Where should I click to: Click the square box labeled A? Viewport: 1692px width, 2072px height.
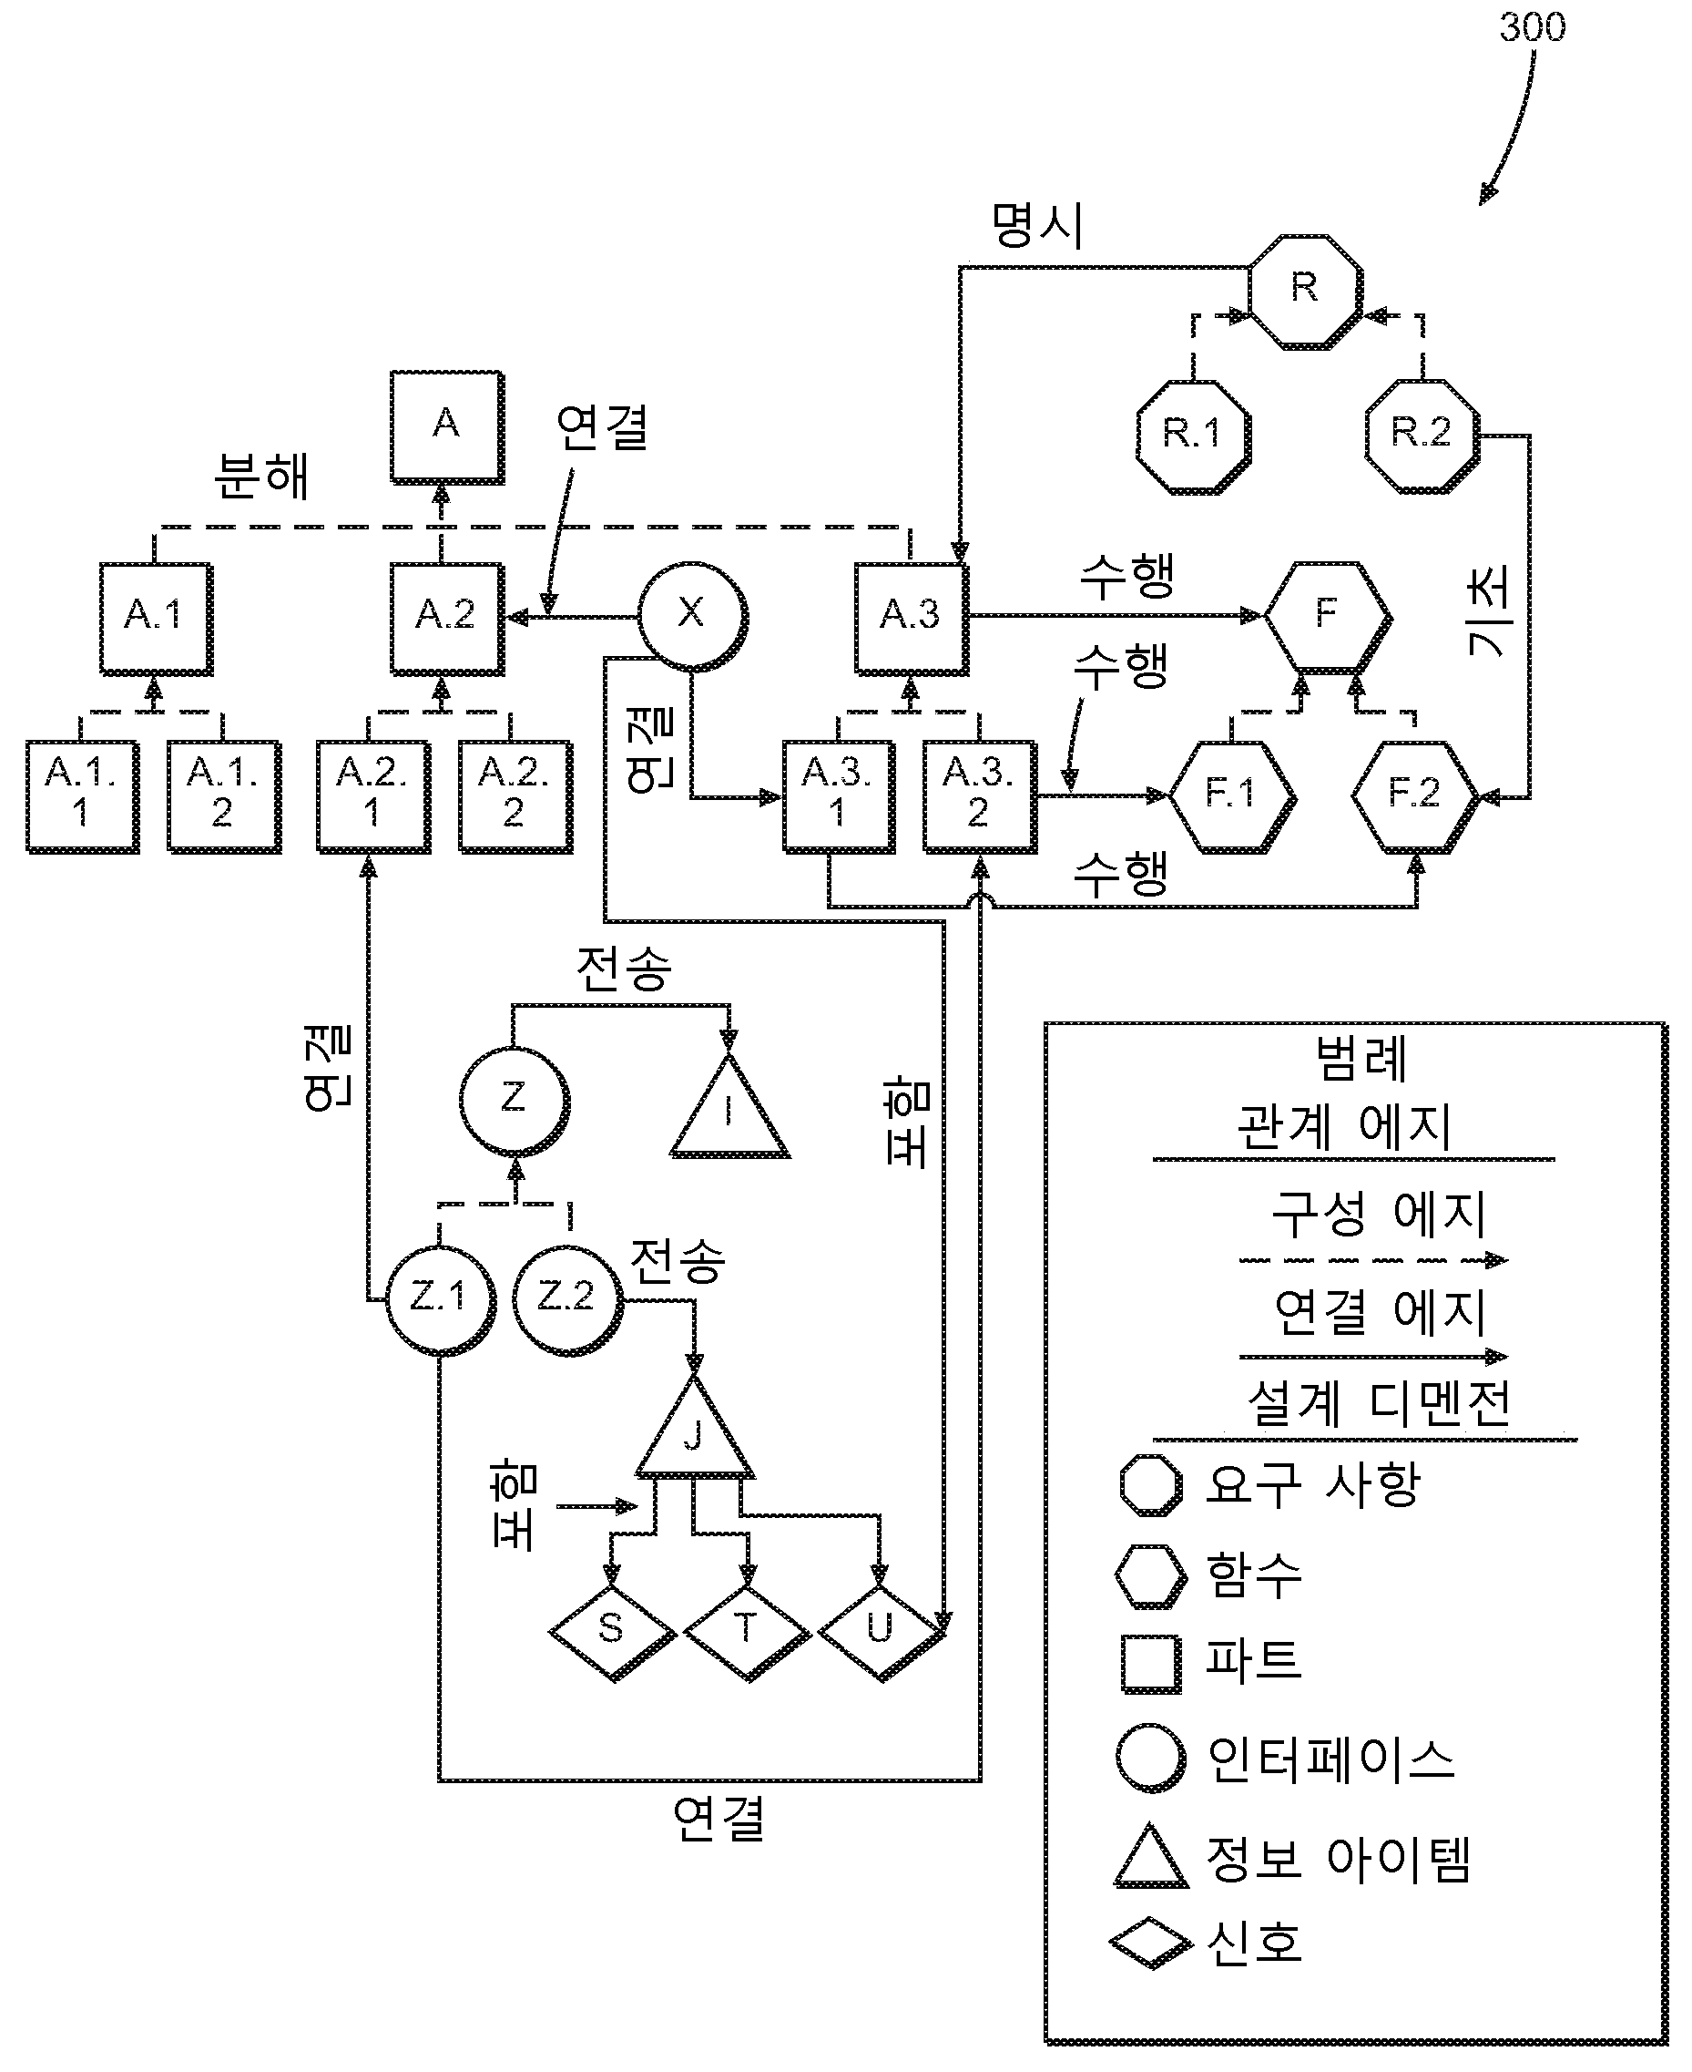tap(446, 426)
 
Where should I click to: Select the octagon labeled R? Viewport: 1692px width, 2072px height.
tap(1304, 290)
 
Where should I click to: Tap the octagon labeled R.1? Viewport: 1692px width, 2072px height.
tap(1193, 436)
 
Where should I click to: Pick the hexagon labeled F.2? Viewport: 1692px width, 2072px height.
tap(1414, 795)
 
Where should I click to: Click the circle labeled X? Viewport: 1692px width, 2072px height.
tap(692, 615)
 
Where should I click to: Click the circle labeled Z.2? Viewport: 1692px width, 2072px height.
tap(566, 1298)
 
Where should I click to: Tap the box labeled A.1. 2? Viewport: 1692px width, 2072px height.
tap(223, 795)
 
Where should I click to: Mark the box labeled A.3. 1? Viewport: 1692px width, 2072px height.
tap(838, 795)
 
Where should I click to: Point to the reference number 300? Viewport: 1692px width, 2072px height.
tap(1532, 27)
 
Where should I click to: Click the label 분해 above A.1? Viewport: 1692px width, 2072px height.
tap(261, 477)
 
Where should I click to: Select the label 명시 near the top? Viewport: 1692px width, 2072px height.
tap(1037, 226)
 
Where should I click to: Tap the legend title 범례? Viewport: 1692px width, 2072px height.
tap(1361, 1059)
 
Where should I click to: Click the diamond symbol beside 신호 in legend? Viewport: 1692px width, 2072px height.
tap(1150, 1943)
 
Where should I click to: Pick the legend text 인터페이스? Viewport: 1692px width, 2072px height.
tap(1330, 1758)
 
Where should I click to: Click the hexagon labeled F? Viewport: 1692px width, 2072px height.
tap(1327, 615)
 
